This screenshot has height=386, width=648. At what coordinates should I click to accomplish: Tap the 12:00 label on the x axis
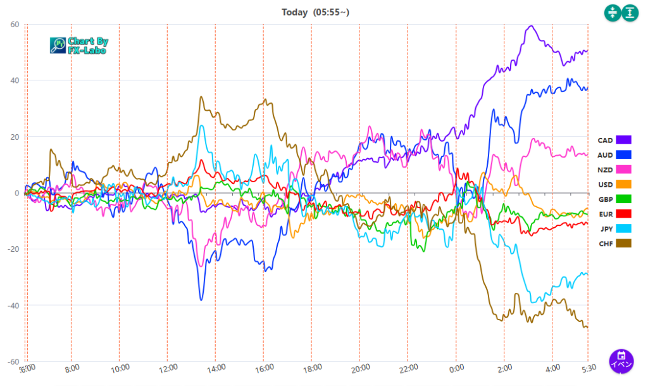[x=168, y=368]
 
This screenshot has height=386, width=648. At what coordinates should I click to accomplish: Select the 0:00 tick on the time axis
[x=456, y=368]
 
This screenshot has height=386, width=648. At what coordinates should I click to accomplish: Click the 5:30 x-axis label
[x=588, y=368]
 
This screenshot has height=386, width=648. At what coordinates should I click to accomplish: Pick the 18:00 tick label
[x=312, y=368]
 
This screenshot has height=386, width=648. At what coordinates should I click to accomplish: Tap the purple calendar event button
[x=621, y=360]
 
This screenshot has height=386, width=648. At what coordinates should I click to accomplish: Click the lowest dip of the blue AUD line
[x=201, y=300]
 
